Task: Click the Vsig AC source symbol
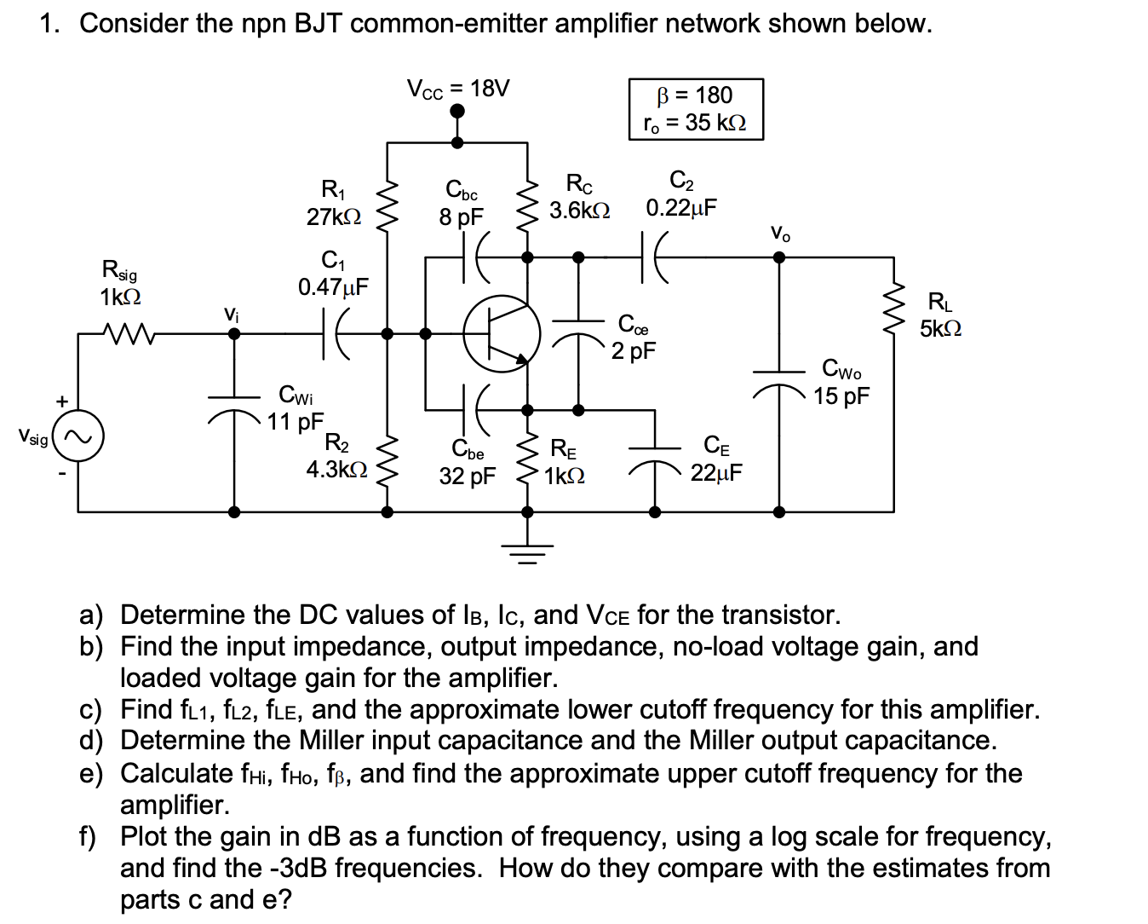coord(78,438)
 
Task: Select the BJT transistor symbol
coord(502,333)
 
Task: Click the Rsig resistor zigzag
coord(127,333)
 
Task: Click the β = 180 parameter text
coord(695,95)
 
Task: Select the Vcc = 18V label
coord(457,89)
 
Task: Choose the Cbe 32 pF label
coord(467,463)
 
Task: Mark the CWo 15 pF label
coord(841,383)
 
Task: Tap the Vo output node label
coord(779,233)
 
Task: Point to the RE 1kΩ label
coord(564,462)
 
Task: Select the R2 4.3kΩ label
coord(337,457)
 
